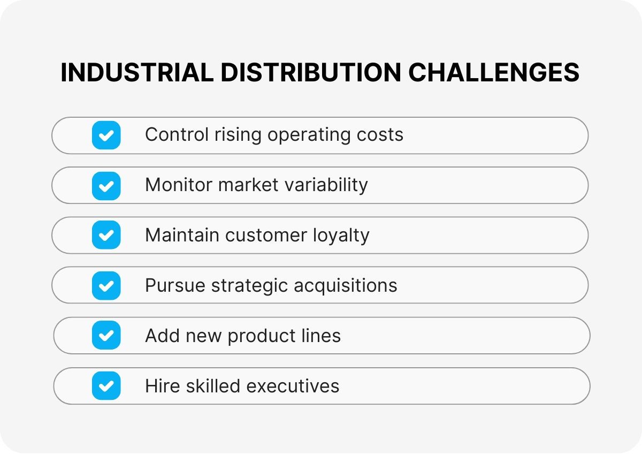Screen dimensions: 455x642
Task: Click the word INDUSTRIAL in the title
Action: point(137,72)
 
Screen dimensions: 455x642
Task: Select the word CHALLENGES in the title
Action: point(493,72)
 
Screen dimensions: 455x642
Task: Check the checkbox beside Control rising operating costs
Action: point(106,135)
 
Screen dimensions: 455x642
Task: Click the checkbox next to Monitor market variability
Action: point(106,185)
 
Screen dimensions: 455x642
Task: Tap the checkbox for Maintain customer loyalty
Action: point(106,236)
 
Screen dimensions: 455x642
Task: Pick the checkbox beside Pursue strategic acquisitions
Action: point(106,285)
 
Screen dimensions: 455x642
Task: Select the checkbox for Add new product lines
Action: point(106,336)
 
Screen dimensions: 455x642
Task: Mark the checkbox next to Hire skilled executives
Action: point(106,386)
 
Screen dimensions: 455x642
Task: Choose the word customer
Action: point(261,236)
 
